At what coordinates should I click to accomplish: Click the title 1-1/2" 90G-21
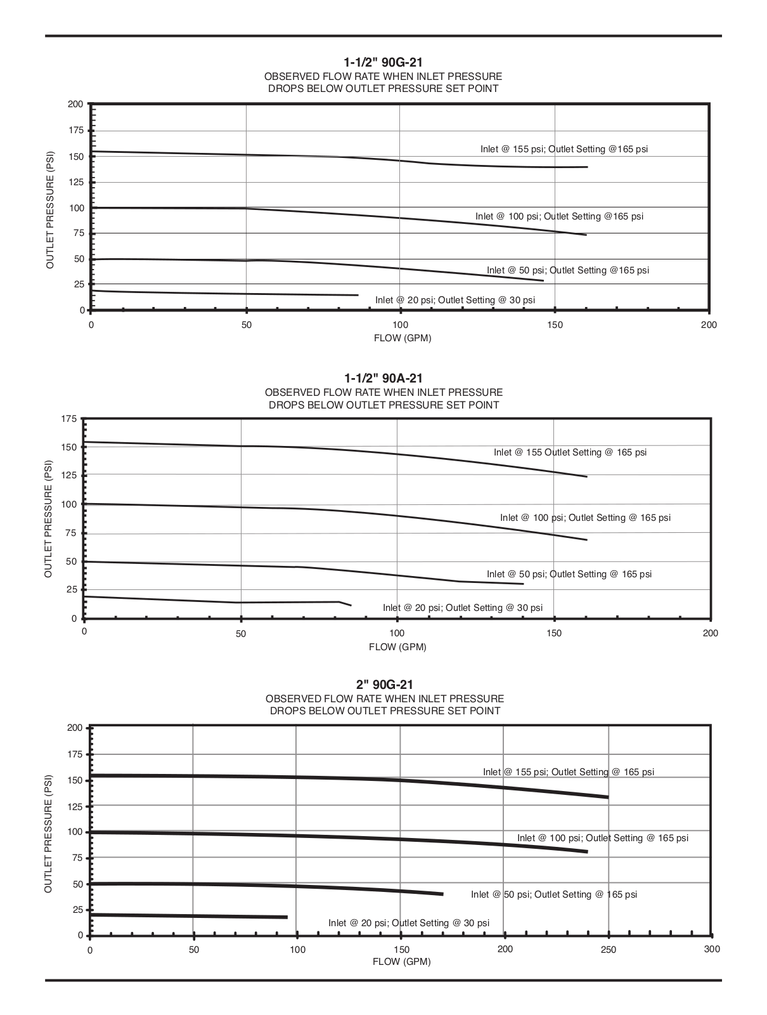tap(383, 62)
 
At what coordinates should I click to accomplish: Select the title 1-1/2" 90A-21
tap(383, 379)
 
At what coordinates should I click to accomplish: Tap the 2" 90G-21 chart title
tap(384, 684)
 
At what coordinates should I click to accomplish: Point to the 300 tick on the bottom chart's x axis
tap(712, 949)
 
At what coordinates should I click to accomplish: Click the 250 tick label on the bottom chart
tap(609, 949)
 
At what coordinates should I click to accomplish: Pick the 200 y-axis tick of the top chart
tap(75, 104)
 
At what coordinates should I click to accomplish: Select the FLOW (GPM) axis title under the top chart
tap(402, 338)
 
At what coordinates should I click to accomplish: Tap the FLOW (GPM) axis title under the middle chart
tap(397, 647)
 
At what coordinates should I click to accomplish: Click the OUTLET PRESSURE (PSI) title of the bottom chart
tap(48, 834)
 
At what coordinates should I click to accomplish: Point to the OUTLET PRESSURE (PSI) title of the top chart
tap(49, 209)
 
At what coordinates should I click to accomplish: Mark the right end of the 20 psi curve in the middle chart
tap(351, 605)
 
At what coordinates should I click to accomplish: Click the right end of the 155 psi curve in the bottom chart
tap(608, 797)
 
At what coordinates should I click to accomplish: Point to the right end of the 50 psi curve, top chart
tap(543, 280)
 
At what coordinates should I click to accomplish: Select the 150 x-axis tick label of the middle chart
tap(553, 633)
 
